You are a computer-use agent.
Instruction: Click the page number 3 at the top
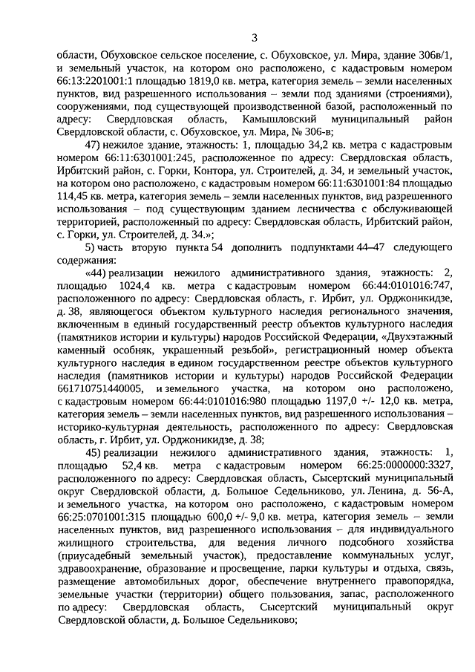254,39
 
